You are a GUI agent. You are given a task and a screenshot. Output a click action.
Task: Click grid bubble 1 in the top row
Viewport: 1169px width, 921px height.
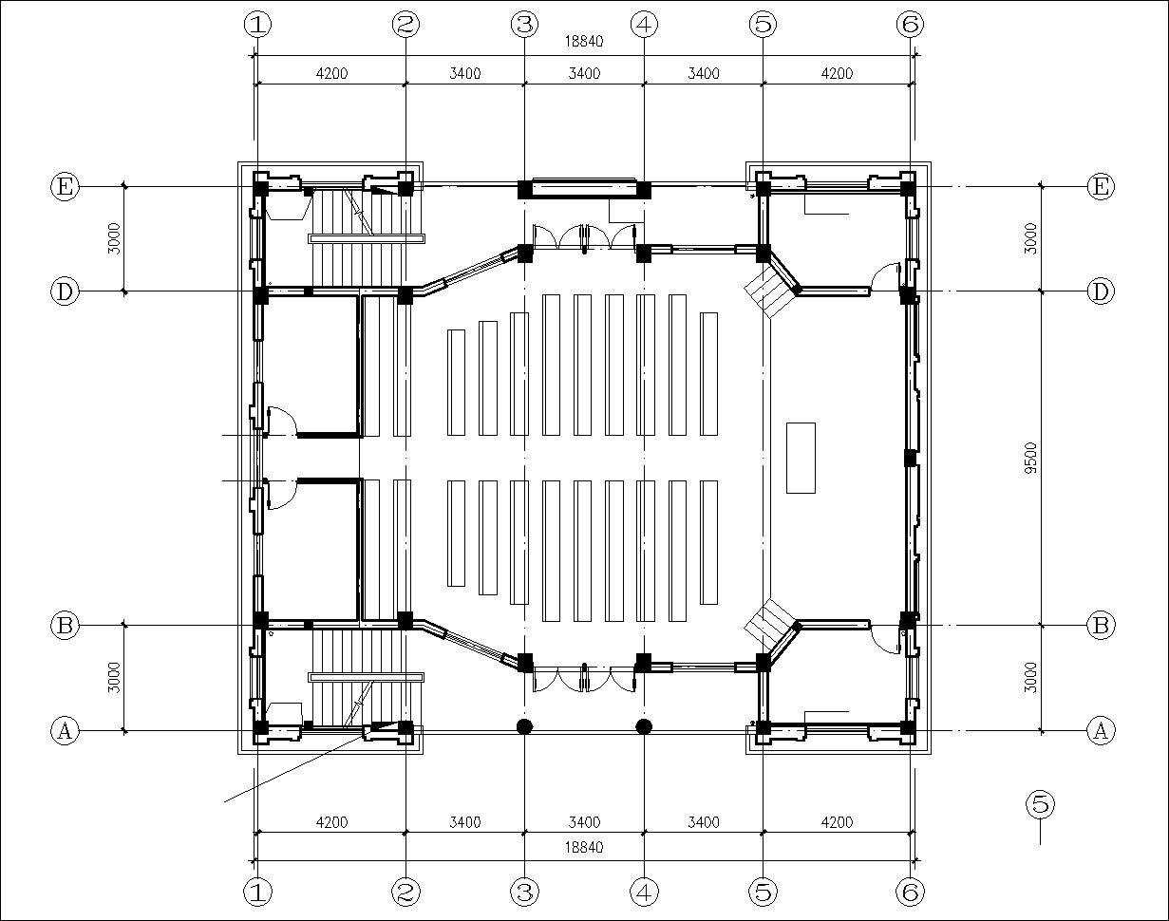pyautogui.click(x=257, y=25)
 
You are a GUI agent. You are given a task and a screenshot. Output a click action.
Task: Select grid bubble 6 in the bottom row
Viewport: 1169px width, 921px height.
pyautogui.click(x=910, y=892)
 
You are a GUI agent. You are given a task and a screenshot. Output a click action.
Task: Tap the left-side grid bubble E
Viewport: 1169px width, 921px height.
pyautogui.click(x=64, y=186)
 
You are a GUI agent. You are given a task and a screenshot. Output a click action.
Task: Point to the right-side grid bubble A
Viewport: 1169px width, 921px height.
pyautogui.click(x=1100, y=730)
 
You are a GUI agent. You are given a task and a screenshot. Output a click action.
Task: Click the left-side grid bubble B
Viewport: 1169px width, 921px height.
pyautogui.click(x=64, y=626)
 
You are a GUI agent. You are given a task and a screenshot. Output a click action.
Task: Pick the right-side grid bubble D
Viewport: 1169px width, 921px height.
pyautogui.click(x=1100, y=291)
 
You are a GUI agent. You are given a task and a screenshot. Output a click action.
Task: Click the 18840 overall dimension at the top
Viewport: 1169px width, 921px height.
pyautogui.click(x=584, y=41)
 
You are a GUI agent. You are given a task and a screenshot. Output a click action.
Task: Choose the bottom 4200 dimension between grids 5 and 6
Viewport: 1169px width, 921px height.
pyautogui.click(x=837, y=822)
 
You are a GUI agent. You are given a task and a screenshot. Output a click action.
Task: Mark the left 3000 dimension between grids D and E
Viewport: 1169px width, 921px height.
pyautogui.click(x=113, y=238)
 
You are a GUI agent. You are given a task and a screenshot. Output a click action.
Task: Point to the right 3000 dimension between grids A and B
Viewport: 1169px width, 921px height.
pyautogui.click(x=1031, y=678)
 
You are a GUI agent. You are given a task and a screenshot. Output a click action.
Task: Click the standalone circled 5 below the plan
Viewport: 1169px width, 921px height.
pyautogui.click(x=1040, y=804)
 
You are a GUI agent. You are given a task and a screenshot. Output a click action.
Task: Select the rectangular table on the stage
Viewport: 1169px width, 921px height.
pyautogui.click(x=801, y=458)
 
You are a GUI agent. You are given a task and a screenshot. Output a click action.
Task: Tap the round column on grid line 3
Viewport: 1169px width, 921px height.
pyautogui.click(x=524, y=726)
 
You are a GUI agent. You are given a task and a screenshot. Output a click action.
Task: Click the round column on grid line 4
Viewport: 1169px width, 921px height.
pyautogui.click(x=644, y=726)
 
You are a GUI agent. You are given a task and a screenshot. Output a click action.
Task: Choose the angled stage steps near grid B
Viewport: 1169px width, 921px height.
pyautogui.click(x=770, y=625)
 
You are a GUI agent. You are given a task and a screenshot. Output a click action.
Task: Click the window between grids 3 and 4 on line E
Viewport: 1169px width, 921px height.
pyautogui.click(x=583, y=188)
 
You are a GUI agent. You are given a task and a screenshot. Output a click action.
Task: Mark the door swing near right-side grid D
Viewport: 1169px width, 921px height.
pyautogui.click(x=886, y=276)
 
